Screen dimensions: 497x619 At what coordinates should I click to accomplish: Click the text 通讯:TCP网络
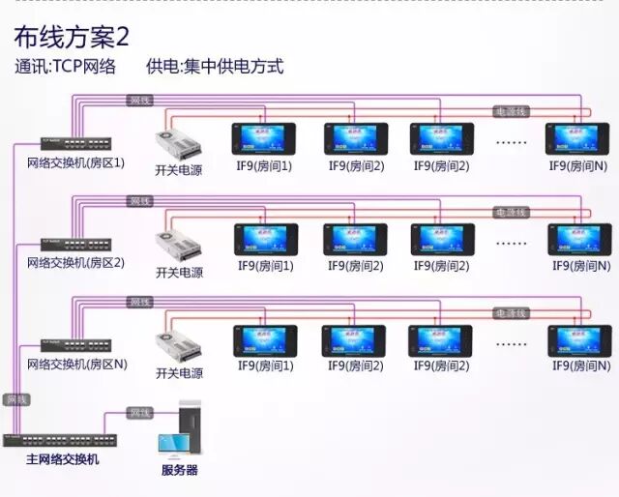[x=65, y=67]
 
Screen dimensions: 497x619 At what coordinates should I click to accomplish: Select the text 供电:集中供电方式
[x=215, y=67]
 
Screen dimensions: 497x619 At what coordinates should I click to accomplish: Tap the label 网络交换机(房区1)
[x=75, y=162]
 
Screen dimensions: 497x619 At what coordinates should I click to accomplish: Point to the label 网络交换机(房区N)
[x=75, y=365]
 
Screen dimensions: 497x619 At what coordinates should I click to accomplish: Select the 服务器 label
[x=179, y=470]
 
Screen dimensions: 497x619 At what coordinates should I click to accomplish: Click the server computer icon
[x=181, y=430]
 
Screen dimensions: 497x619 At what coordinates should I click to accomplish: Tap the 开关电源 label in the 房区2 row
[x=179, y=273]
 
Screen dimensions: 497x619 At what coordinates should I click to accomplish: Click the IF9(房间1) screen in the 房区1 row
[x=263, y=137]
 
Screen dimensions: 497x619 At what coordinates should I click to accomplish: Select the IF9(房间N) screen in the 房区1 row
[x=578, y=137]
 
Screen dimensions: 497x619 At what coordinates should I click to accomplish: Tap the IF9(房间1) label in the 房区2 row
[x=265, y=266]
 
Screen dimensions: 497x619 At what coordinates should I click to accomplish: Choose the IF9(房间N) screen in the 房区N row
[x=579, y=340]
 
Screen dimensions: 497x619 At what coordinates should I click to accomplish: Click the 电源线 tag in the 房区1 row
[x=511, y=111]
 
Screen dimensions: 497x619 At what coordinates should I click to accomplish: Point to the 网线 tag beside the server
[x=140, y=413]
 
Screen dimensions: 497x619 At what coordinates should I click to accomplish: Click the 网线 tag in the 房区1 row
[x=140, y=100]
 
